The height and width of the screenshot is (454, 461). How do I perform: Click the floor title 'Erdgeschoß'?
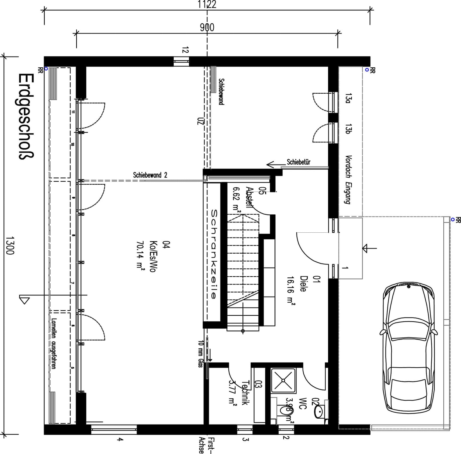[26, 116]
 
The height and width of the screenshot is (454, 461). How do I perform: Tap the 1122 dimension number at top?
[207, 4]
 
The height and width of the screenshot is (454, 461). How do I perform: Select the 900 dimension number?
[207, 27]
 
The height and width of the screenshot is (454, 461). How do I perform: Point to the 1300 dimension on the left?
[10, 246]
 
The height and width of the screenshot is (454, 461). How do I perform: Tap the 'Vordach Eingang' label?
[348, 180]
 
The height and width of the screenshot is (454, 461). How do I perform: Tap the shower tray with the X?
[283, 380]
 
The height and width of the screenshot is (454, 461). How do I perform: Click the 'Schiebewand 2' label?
[150, 175]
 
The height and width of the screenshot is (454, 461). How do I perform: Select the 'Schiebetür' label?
[298, 162]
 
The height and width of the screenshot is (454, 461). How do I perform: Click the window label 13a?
[348, 98]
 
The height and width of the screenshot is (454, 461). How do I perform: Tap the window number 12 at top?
[185, 50]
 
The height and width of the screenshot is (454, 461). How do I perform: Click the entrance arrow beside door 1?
[369, 248]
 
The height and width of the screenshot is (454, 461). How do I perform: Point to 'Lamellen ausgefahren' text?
[54, 343]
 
